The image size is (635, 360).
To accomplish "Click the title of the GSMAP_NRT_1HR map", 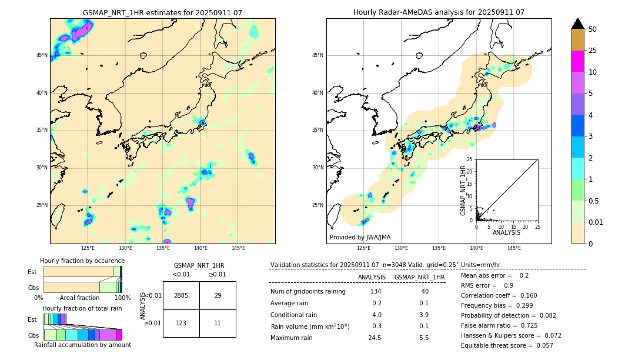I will pos(162,12).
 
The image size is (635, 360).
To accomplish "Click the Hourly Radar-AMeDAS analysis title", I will pos(439,12).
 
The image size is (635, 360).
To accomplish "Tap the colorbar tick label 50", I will pos(593,29).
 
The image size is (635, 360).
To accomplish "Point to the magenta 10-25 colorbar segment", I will pos(578,61).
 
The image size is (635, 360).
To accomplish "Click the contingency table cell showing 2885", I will pos(181,295).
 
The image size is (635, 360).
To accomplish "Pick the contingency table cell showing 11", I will pos(218,323).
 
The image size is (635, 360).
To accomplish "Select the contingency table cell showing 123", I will pos(181,323).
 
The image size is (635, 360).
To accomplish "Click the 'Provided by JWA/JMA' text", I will pos(360,237).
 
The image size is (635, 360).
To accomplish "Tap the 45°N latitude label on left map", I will pos(42,55).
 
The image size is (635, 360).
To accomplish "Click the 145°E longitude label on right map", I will pos(514,248).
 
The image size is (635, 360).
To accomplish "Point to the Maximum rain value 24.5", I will pos(375,338).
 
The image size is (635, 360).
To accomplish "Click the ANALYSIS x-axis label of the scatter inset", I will pos(506,232).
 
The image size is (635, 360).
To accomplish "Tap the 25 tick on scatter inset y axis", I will pos(470,159).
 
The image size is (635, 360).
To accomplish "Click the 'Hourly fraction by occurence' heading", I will pos(82,261).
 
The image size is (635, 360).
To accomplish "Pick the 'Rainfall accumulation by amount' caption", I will pos(82,345).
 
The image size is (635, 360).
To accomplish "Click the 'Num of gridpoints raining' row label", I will pos(308,291).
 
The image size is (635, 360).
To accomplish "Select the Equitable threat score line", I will pos(507,345).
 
